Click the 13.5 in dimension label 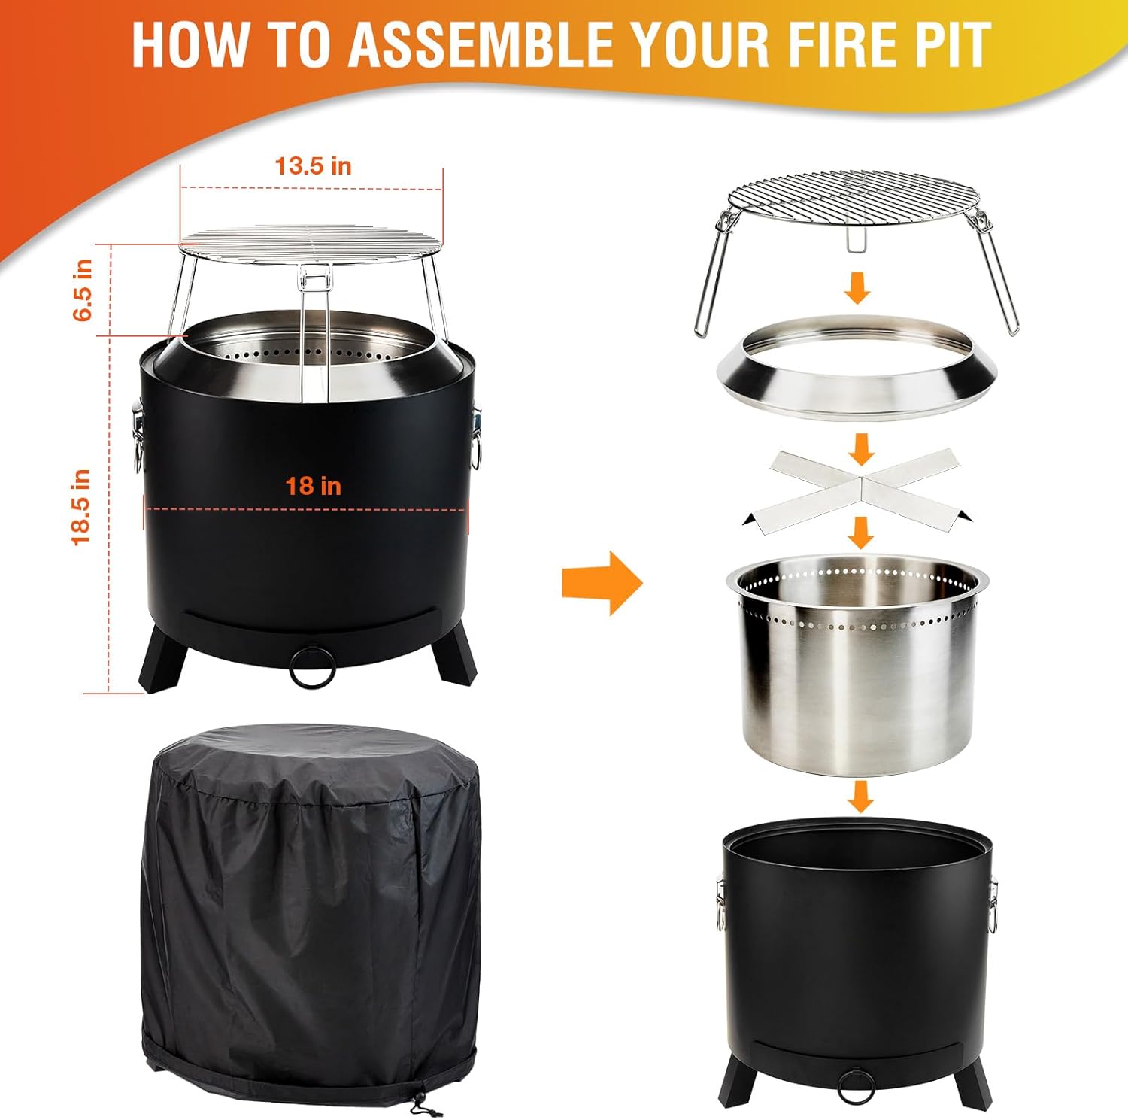point(314,165)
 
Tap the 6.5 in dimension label point(83,290)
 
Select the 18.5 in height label point(81,506)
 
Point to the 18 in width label point(313,486)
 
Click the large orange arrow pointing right point(602,583)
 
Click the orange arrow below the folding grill point(858,288)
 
